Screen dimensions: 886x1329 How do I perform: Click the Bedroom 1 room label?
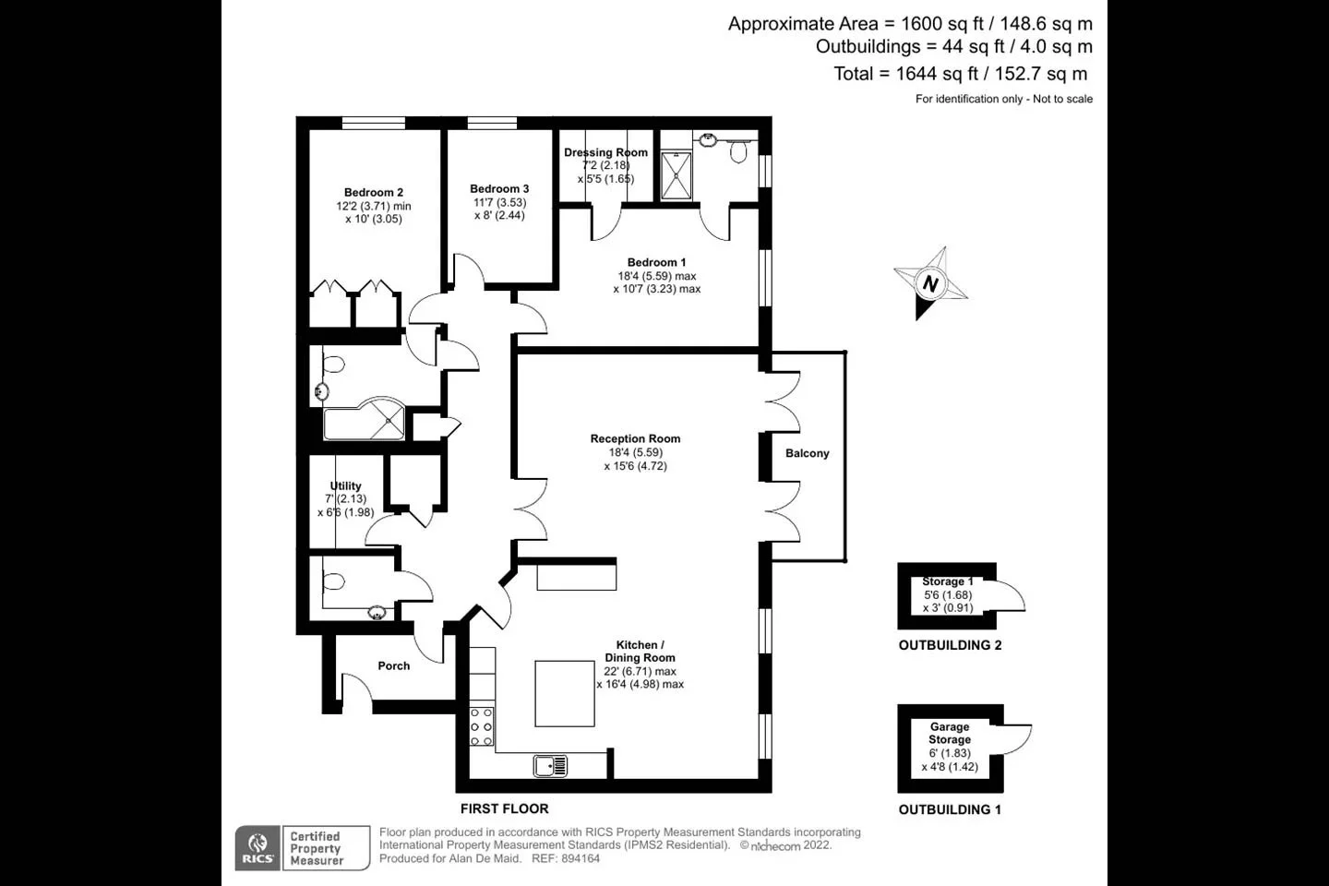click(x=656, y=262)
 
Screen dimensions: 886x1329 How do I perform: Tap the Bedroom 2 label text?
click(x=374, y=193)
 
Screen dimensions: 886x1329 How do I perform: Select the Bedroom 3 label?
click(x=499, y=189)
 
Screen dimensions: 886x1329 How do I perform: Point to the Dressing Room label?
click(x=605, y=152)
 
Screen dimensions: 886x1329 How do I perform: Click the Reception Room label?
click(x=635, y=439)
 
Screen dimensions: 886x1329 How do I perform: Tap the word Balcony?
click(x=807, y=453)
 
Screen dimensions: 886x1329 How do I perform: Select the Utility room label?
click(x=345, y=486)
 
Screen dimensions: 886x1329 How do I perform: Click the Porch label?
click(x=393, y=665)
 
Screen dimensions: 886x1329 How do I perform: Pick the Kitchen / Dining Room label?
click(x=640, y=652)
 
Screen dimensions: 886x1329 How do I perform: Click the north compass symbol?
click(x=930, y=282)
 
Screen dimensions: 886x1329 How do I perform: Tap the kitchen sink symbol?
click(x=550, y=765)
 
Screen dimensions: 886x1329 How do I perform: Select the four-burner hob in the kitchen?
click(x=482, y=727)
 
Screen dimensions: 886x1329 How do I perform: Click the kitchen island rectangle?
click(x=565, y=693)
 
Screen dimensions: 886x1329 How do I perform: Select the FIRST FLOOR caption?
click(x=504, y=808)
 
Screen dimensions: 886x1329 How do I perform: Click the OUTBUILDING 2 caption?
click(x=950, y=645)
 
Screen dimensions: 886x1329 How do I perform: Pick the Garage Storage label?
click(x=950, y=733)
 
